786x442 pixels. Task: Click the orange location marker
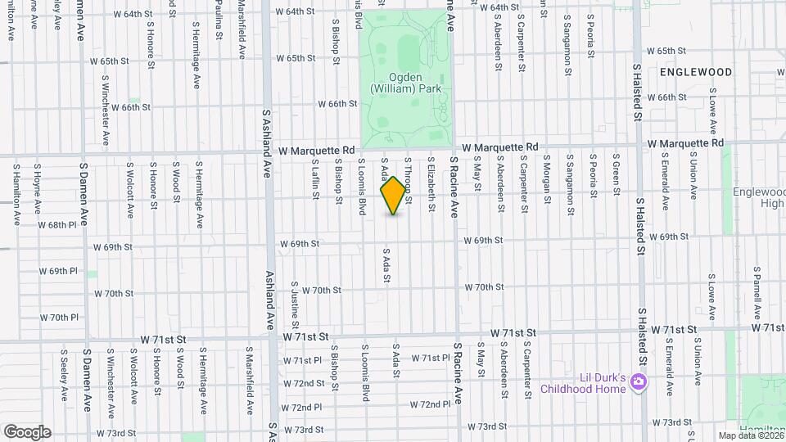click(x=394, y=196)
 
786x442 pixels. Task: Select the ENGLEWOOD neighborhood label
click(x=695, y=72)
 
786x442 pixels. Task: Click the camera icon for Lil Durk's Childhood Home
click(x=640, y=381)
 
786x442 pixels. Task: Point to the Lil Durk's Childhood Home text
click(x=583, y=383)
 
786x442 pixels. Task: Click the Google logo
click(x=26, y=432)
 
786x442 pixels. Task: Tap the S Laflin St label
click(x=315, y=180)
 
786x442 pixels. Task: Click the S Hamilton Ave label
click(x=16, y=195)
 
